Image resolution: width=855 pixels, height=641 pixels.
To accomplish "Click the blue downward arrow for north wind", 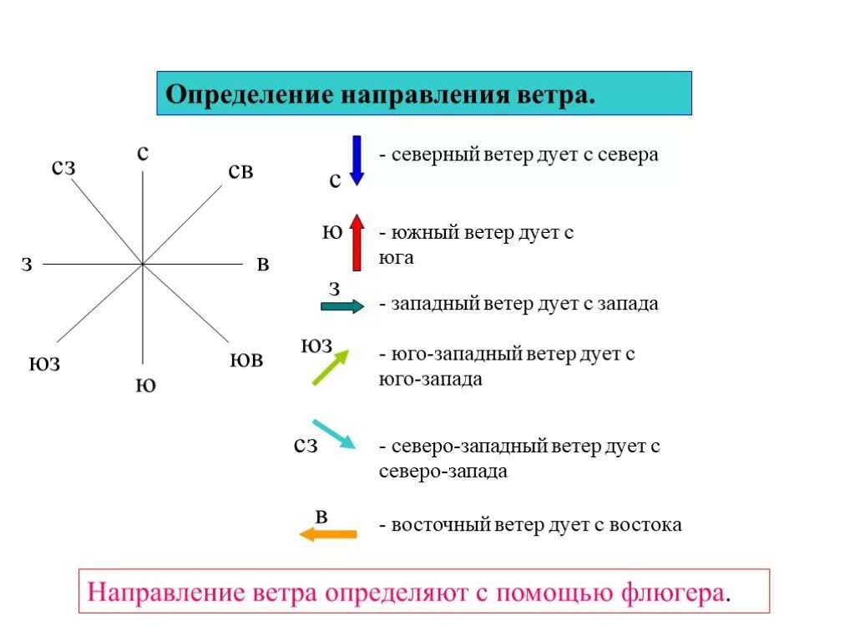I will [x=357, y=159].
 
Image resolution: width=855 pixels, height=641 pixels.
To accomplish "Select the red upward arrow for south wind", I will [x=357, y=242].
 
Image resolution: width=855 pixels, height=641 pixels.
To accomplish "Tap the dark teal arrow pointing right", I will [x=342, y=306].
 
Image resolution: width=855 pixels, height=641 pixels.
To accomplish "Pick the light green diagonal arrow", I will [x=330, y=367].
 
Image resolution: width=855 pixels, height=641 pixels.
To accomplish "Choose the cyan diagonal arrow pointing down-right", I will [x=333, y=434].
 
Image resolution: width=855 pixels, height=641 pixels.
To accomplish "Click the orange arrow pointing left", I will [x=328, y=534].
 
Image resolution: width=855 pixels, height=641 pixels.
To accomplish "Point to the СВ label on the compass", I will [x=240, y=171].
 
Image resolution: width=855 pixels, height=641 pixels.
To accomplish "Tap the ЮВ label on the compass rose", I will [x=246, y=361].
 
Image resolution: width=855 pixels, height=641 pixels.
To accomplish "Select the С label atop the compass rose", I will [x=143, y=153].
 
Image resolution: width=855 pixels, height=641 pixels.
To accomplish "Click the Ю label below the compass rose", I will [x=145, y=386].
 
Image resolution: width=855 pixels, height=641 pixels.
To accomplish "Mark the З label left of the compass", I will [x=27, y=265].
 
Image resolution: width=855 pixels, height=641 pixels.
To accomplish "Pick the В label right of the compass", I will [x=263, y=265].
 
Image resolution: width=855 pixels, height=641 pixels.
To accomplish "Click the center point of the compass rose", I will [x=144, y=265].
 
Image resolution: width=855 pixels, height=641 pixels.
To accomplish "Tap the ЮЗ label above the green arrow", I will [x=316, y=346].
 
